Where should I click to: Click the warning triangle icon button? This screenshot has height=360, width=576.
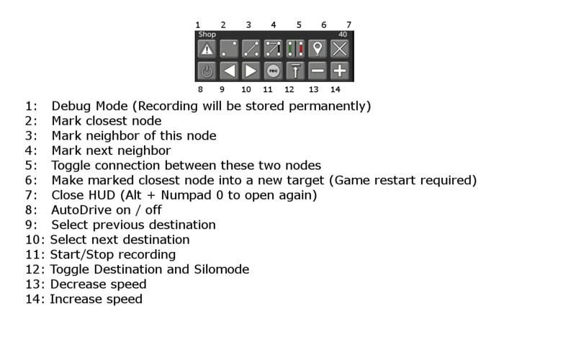point(207,49)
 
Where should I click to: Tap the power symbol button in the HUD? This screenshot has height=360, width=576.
point(207,71)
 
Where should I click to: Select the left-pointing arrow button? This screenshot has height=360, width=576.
point(229,71)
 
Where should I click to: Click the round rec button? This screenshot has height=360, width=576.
point(274,71)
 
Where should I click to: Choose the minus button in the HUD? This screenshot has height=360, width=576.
point(318,71)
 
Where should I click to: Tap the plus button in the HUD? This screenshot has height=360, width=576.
point(339,71)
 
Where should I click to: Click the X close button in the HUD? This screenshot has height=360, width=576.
point(339,49)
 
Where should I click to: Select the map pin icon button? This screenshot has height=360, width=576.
point(318,49)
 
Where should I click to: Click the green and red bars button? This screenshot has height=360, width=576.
point(295,49)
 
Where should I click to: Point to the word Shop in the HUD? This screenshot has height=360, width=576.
point(207,35)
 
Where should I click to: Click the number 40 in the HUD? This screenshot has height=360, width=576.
point(343,34)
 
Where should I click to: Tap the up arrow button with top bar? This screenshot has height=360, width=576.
point(295,71)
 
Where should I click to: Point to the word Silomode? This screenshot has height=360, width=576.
point(222,269)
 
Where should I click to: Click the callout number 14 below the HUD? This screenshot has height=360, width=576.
point(336,89)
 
